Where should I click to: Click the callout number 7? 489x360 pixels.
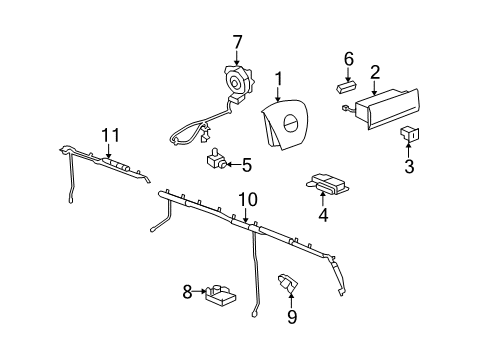(x=237, y=42)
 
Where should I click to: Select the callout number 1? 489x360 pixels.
(x=280, y=77)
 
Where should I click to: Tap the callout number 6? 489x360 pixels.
(x=349, y=60)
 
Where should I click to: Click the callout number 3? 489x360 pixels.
(x=409, y=165)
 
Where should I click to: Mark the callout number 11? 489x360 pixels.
(x=109, y=135)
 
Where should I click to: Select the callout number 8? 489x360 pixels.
(x=187, y=293)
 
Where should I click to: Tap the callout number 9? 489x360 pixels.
(x=293, y=316)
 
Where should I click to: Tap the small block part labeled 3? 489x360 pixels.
(x=409, y=133)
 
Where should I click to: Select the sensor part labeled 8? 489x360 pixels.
(x=220, y=294)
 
